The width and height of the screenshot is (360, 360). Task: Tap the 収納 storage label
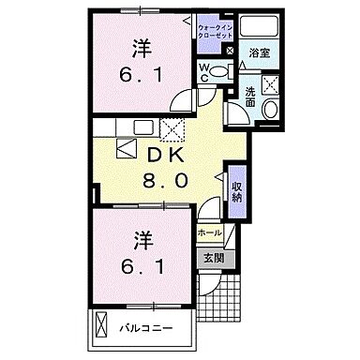coord(238,192)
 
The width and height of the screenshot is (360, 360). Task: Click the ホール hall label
coord(210,232)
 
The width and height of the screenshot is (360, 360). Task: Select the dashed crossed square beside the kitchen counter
coord(172,131)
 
